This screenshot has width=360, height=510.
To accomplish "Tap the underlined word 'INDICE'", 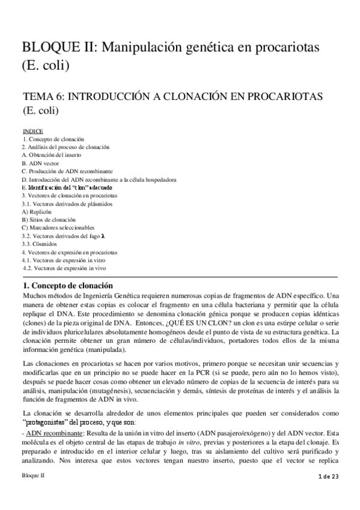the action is pyautogui.click(x=32, y=131).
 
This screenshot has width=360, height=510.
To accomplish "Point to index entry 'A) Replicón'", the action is pyautogui.click(x=36, y=212).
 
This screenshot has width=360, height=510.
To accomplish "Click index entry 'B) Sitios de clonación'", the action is pyautogui.click(x=48, y=220).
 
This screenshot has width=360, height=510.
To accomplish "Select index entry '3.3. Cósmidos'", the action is pyautogui.click(x=40, y=245).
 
